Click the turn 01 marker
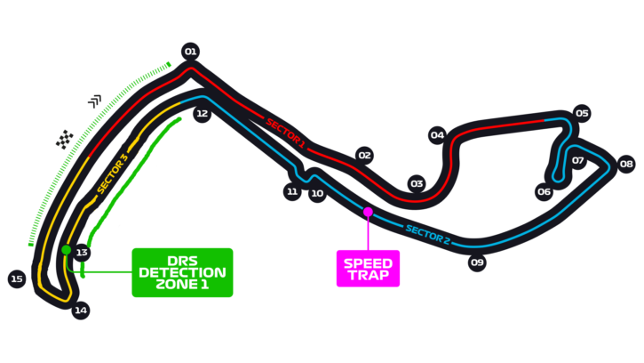190,52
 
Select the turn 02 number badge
364,156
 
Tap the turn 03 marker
417,184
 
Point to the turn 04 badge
437,136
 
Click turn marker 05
582,113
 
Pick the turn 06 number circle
545,191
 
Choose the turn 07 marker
578,161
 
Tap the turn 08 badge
626,164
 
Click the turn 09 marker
477,262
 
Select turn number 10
317,193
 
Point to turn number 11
292,191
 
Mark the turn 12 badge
203,114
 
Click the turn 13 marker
82,253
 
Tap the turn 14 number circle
81,311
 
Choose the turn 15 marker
16,279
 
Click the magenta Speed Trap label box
368,268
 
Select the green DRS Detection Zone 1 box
183,272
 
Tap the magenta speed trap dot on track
368,212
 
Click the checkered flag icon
65,140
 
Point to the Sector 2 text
428,235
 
